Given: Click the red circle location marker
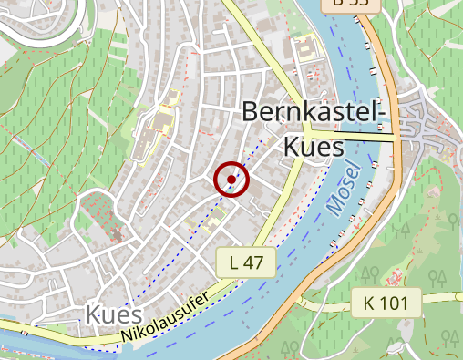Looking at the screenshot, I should click(x=231, y=180).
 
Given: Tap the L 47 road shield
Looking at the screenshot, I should click(x=246, y=263).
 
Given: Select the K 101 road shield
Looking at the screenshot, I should click(x=386, y=302).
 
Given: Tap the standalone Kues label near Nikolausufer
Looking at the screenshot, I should click(x=114, y=315).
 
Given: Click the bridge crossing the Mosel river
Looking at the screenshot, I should click(x=365, y=138).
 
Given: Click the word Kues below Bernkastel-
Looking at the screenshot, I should click(x=313, y=146).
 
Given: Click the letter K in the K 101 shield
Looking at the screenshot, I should click(x=370, y=302).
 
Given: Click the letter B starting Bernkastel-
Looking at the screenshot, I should click(x=249, y=113).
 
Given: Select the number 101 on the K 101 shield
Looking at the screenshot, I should click(x=393, y=302).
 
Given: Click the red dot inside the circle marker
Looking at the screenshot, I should click(x=231, y=180).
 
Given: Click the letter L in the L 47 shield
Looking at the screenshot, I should click(x=235, y=263).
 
